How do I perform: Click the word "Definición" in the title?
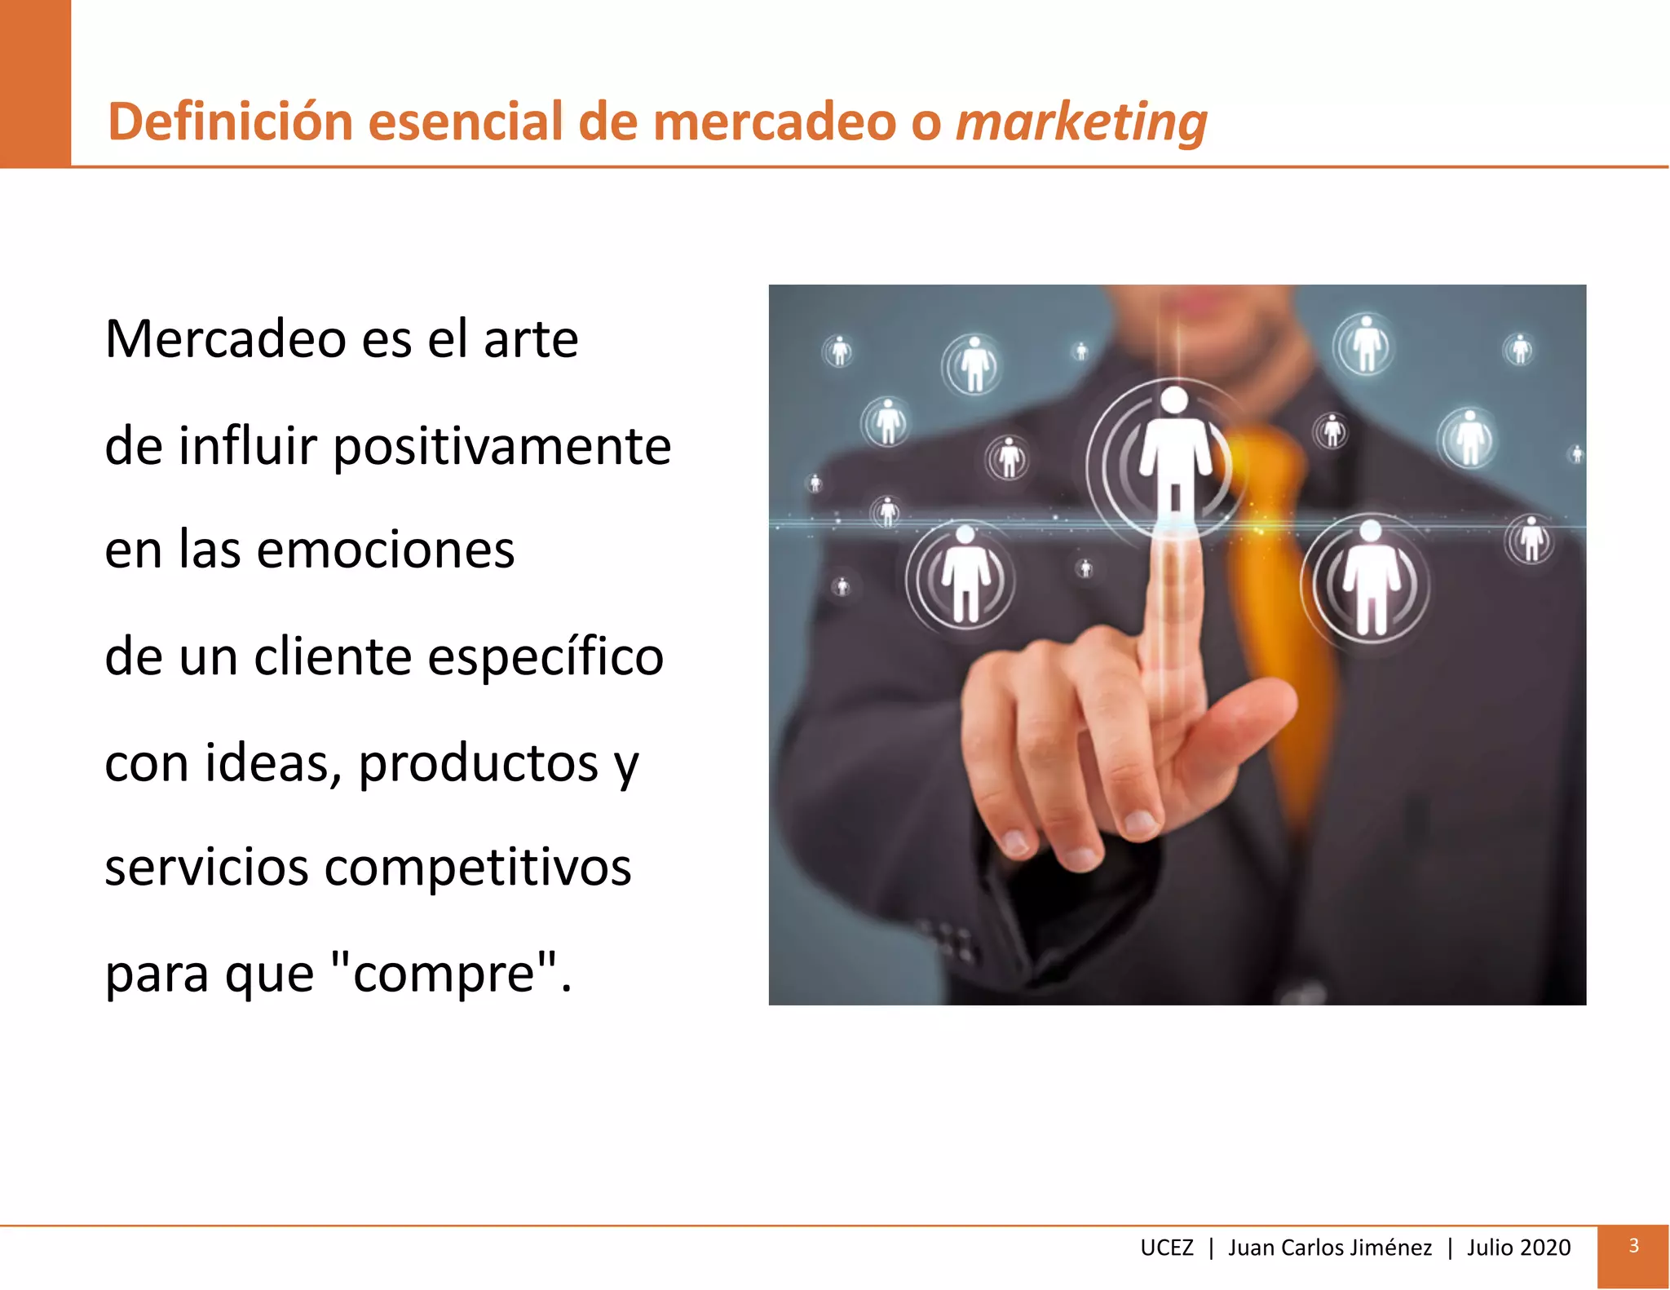pos(231,121)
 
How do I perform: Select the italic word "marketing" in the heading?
pos(1080,121)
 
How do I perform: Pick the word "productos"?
pos(479,764)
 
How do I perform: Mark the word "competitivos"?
pos(478,867)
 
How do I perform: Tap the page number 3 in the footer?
pos(1633,1246)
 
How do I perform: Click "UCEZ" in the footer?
pos(1166,1248)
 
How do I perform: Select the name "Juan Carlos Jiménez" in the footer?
pos(1329,1248)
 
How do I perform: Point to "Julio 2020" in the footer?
pos(1518,1248)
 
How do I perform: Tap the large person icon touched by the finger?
pos(1174,457)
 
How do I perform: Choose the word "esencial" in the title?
pos(465,121)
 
